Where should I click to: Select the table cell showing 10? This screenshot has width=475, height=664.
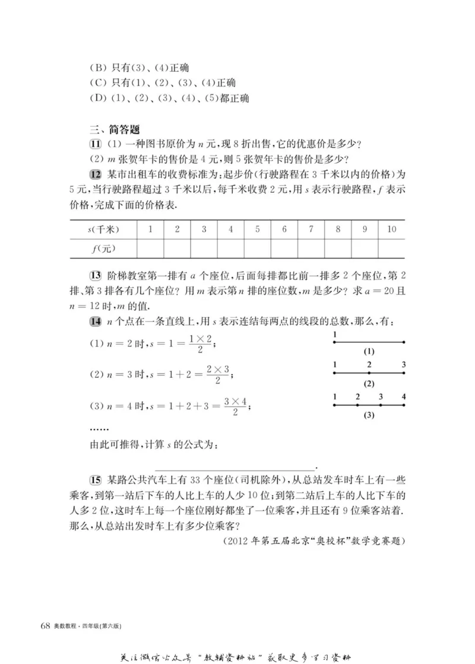pyautogui.click(x=391, y=230)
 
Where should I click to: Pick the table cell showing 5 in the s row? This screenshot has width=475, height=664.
pyautogui.click(x=258, y=230)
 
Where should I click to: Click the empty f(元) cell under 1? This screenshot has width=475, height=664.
pyautogui.click(x=150, y=249)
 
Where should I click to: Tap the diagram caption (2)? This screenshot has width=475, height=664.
pyautogui.click(x=369, y=383)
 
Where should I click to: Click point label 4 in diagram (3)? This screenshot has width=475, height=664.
pyautogui.click(x=404, y=396)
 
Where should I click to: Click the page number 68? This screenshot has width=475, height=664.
pyautogui.click(x=45, y=627)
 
